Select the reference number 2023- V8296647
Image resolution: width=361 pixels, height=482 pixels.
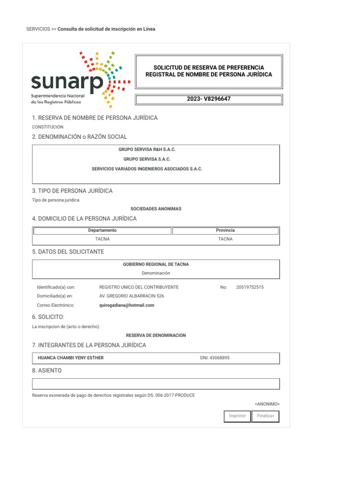point(209,99)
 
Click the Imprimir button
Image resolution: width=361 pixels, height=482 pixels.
point(237,416)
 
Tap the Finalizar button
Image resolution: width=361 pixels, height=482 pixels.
point(266,416)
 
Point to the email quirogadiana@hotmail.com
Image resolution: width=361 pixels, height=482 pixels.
point(127,305)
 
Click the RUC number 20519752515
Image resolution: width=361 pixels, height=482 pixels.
point(250,287)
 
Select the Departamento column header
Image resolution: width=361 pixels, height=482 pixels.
point(102,231)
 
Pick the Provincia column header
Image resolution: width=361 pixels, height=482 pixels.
point(225,231)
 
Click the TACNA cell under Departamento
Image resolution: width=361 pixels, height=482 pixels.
point(102,239)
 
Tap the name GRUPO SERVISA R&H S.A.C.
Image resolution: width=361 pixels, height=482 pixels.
point(147,150)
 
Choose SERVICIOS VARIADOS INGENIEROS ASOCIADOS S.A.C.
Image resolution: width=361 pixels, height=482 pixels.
point(147,169)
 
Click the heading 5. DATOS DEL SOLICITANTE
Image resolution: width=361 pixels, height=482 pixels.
point(68,252)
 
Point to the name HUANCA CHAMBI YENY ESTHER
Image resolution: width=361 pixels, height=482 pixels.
point(71,358)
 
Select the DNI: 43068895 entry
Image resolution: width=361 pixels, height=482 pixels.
point(215,358)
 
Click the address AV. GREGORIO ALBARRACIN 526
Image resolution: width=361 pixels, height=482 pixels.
point(132,296)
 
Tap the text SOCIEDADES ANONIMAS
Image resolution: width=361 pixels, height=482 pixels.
point(156,209)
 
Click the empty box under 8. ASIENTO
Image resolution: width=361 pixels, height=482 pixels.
point(156,384)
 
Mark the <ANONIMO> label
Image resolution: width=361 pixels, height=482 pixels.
point(267,404)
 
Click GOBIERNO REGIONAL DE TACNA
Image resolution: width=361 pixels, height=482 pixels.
point(156,265)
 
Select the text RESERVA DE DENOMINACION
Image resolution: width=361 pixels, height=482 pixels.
point(156,336)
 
